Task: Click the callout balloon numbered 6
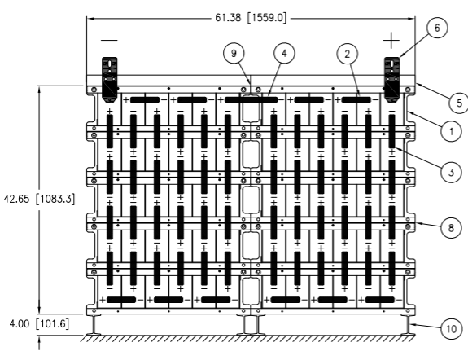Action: tap(437, 28)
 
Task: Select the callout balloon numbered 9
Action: tap(234, 54)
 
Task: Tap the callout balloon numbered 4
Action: tap(284, 53)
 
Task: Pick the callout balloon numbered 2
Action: tap(347, 54)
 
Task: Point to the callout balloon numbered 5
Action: tap(459, 103)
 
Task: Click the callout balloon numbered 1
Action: tap(451, 131)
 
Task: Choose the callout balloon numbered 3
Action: tap(451, 172)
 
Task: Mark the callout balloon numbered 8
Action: tap(451, 228)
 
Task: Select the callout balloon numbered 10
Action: tap(451, 328)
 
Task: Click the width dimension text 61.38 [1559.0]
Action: tap(251, 18)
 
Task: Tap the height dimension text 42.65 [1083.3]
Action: tap(39, 199)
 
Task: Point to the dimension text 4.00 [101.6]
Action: tap(39, 323)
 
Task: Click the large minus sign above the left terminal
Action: tap(109, 40)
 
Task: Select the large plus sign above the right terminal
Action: tap(391, 41)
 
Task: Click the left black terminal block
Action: tap(110, 80)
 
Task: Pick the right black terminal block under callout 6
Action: tap(391, 80)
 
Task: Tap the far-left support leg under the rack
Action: tap(94, 325)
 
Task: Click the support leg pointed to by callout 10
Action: tap(407, 325)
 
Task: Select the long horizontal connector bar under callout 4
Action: tap(251, 100)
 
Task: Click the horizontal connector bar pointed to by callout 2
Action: tap(356, 100)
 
